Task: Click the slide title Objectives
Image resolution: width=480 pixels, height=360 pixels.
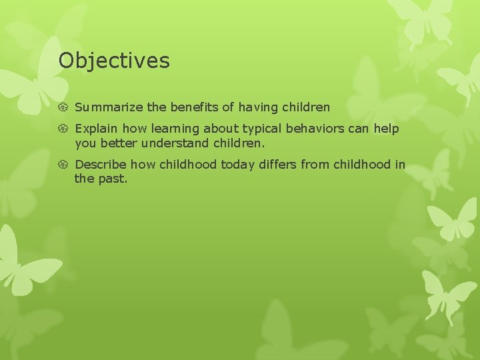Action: (114, 61)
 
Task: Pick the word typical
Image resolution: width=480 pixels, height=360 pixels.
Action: (263, 129)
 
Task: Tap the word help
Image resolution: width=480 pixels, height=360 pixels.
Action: (387, 129)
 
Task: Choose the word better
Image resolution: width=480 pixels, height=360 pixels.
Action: (119, 143)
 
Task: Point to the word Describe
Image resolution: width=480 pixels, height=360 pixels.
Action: (101, 165)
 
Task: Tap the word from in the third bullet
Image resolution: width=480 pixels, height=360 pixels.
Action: (315, 165)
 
